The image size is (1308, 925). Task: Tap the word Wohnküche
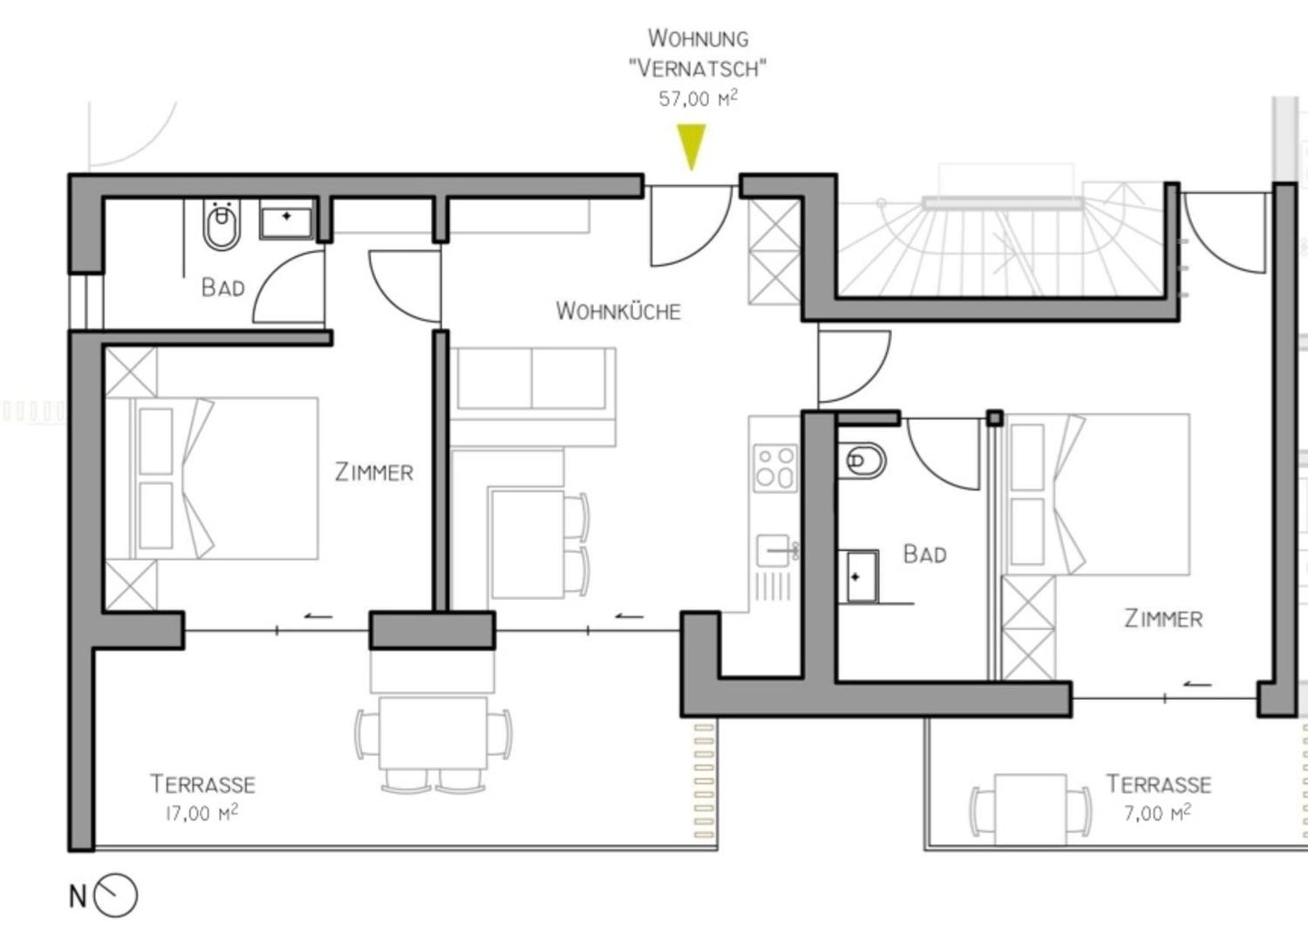coord(618,311)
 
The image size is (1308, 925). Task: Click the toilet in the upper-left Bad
coord(222,224)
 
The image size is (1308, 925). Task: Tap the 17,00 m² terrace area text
coord(202,813)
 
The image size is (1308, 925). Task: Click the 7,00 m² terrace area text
coord(1157,813)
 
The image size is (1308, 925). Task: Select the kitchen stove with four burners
coord(775,468)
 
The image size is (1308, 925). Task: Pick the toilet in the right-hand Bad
coord(861,460)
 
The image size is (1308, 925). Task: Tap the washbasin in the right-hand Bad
coord(861,576)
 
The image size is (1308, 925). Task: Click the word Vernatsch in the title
coord(697,68)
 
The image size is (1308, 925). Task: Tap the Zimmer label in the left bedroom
coord(374,472)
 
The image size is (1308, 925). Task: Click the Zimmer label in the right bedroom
coord(1163,619)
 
